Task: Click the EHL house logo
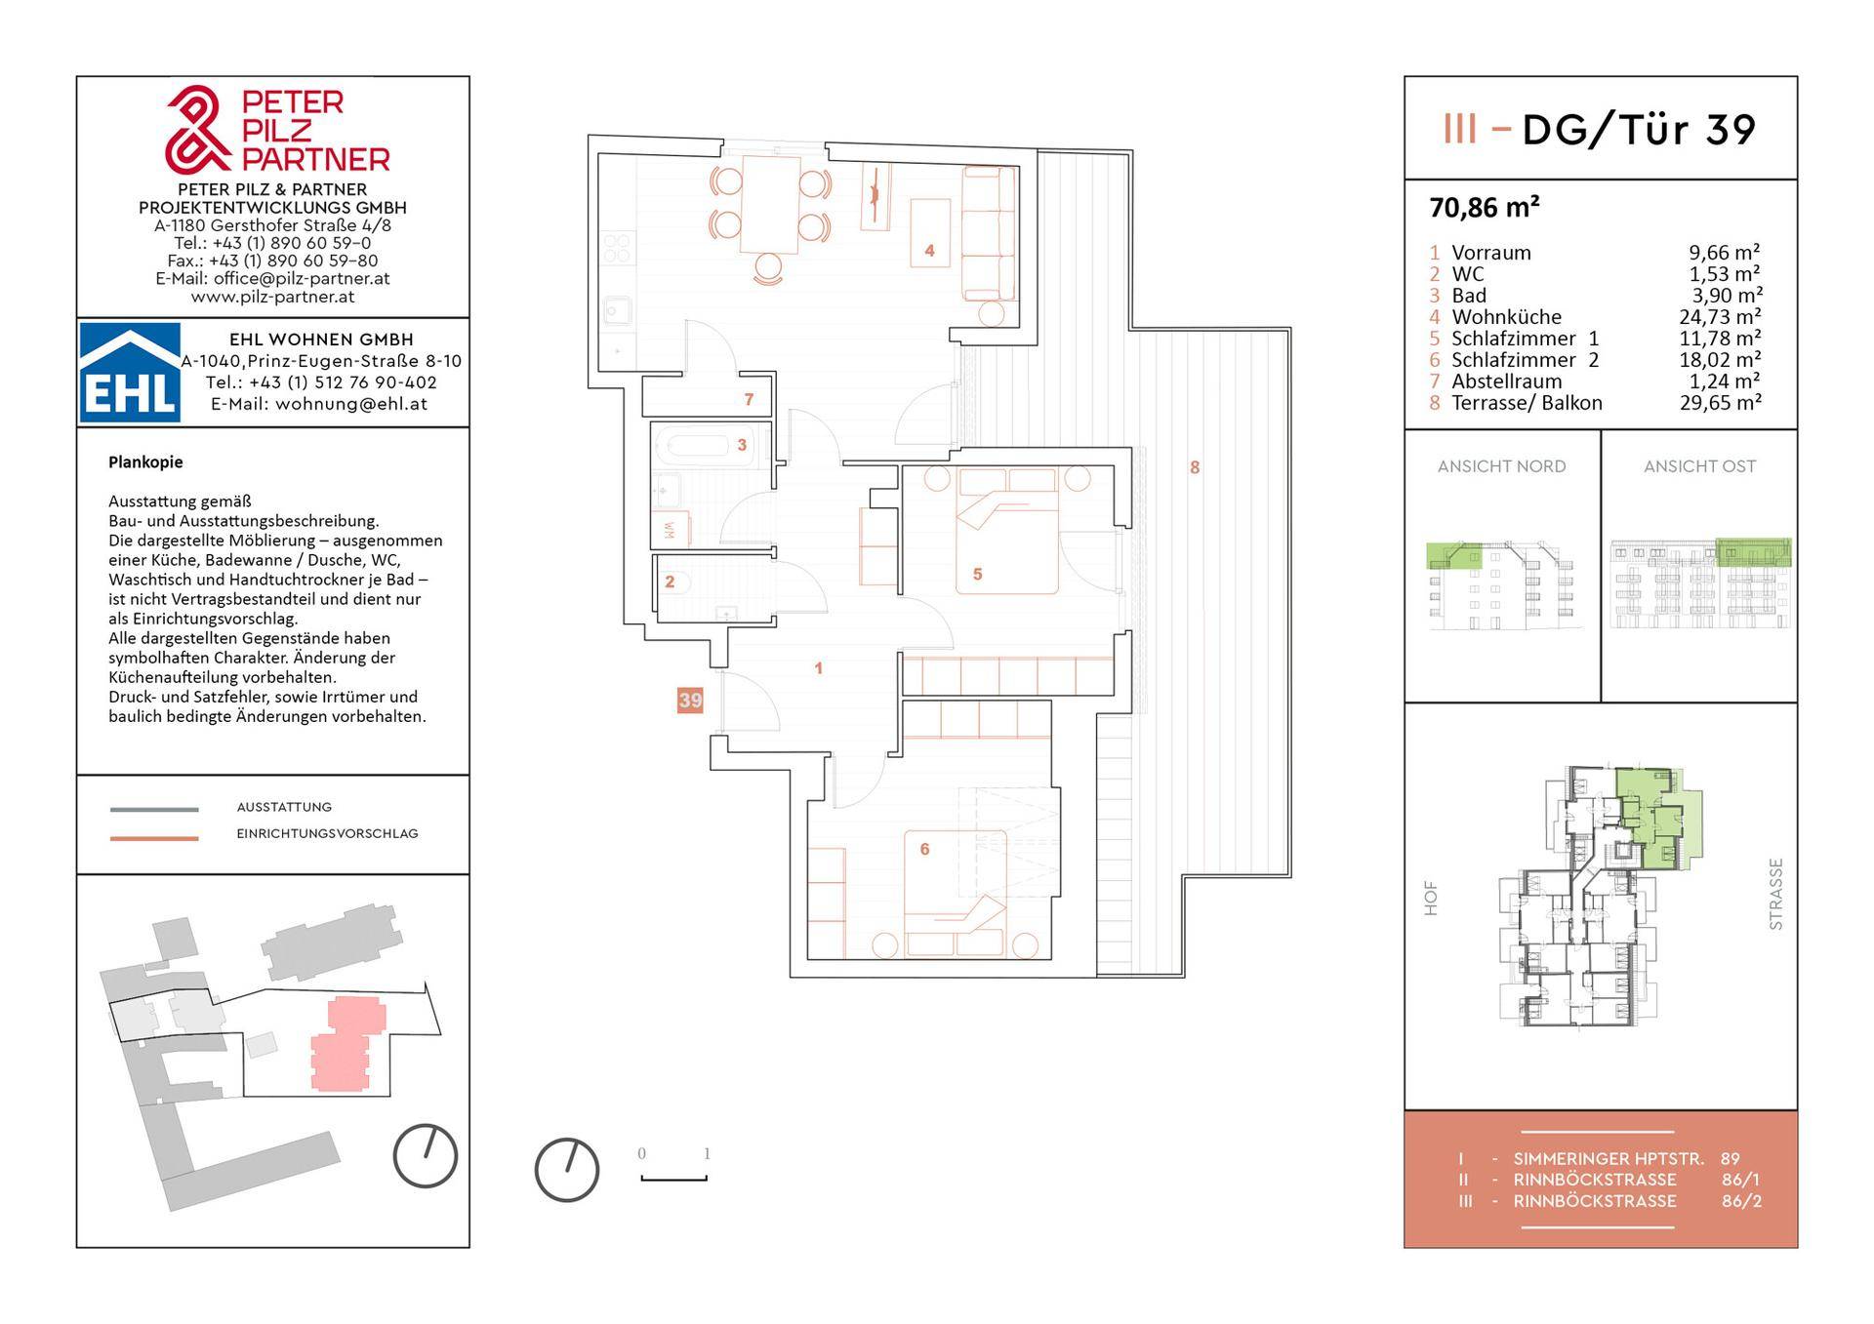(130, 373)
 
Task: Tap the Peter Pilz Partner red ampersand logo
(198, 128)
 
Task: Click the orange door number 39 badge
(690, 701)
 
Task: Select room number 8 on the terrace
(1195, 467)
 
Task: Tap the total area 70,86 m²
(1485, 208)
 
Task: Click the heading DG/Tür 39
(1639, 130)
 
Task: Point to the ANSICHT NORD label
(1501, 466)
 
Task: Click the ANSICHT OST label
(1699, 466)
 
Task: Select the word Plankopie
(145, 462)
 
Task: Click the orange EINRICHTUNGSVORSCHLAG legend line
(154, 837)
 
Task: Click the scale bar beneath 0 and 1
(673, 1179)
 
